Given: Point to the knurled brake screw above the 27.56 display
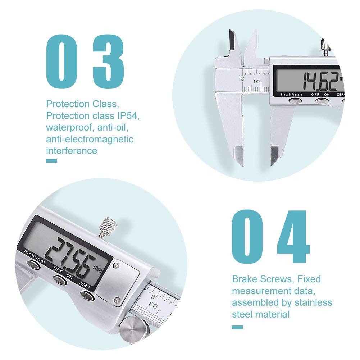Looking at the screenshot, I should tap(108, 227).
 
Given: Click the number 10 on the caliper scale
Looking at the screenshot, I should tap(256, 81).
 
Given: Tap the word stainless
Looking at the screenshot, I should tap(313, 302).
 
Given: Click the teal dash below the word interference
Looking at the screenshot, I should tap(51, 161).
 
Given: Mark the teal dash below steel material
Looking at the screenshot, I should tap(237, 327).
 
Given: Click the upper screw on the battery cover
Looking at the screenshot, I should tap(116, 266).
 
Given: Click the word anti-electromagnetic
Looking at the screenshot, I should tap(90, 139).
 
